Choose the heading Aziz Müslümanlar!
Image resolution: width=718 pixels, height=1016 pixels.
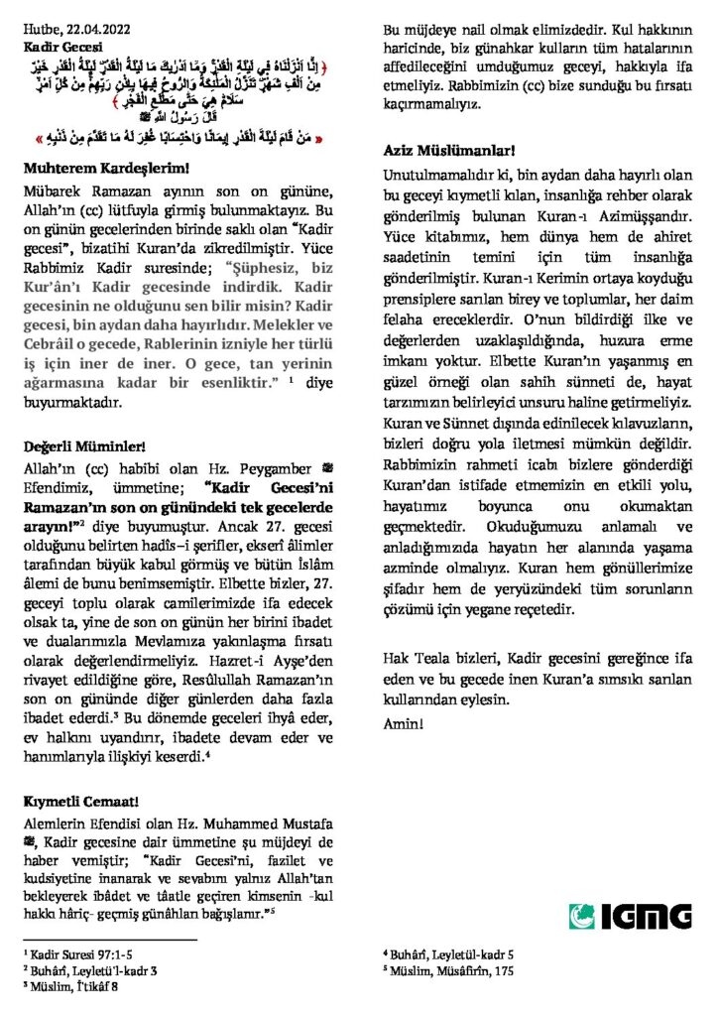(x=448, y=150)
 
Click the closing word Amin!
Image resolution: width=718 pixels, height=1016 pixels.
(x=405, y=722)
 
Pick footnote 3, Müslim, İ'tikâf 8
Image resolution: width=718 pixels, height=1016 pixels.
(x=71, y=986)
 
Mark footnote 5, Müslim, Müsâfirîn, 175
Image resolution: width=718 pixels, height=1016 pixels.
(x=444, y=970)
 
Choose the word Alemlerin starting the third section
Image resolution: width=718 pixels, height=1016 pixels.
(x=53, y=822)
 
